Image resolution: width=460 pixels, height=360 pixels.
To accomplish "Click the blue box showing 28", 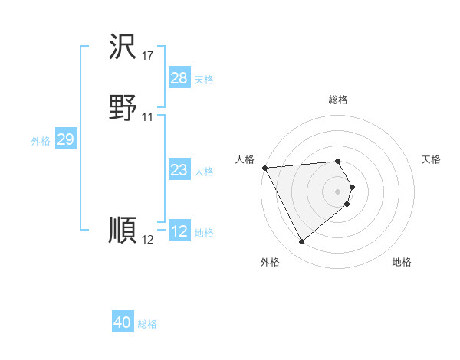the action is (x=179, y=78).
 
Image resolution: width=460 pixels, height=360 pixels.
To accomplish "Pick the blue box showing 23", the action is (x=179, y=170).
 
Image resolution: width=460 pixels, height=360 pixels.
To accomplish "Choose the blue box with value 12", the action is (x=179, y=231).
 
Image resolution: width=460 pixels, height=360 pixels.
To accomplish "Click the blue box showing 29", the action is (x=65, y=139).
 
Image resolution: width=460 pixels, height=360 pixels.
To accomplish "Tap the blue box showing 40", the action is (x=123, y=323).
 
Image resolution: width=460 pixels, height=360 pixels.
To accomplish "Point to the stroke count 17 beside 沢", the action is (x=148, y=56).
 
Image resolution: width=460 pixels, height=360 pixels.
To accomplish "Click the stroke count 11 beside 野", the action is (x=148, y=117).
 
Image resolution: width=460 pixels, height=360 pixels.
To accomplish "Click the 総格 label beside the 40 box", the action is (x=147, y=325).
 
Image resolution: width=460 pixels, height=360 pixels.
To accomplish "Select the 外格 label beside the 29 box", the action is (x=41, y=141).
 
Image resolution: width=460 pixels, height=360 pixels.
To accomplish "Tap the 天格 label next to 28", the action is (x=204, y=80).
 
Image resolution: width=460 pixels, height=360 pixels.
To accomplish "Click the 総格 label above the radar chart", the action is (x=338, y=100).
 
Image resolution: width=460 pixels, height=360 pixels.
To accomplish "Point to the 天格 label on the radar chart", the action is (x=432, y=159).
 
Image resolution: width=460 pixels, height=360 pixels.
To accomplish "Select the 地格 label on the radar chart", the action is (x=402, y=263).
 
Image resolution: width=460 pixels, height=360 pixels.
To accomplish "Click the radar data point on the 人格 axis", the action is (x=264, y=168).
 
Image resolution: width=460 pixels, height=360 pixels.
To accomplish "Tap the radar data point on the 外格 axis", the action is (x=302, y=242).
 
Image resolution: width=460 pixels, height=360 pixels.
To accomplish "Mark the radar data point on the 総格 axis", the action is (x=338, y=161).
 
